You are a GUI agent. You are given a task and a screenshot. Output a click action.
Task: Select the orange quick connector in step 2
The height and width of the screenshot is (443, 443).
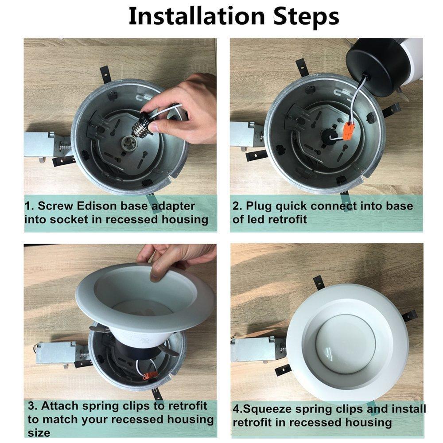(350, 132)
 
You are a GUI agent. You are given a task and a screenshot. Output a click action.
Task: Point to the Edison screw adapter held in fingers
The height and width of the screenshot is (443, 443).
(145, 124)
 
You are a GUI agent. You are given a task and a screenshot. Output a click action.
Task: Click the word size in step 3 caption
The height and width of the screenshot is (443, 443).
(39, 433)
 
